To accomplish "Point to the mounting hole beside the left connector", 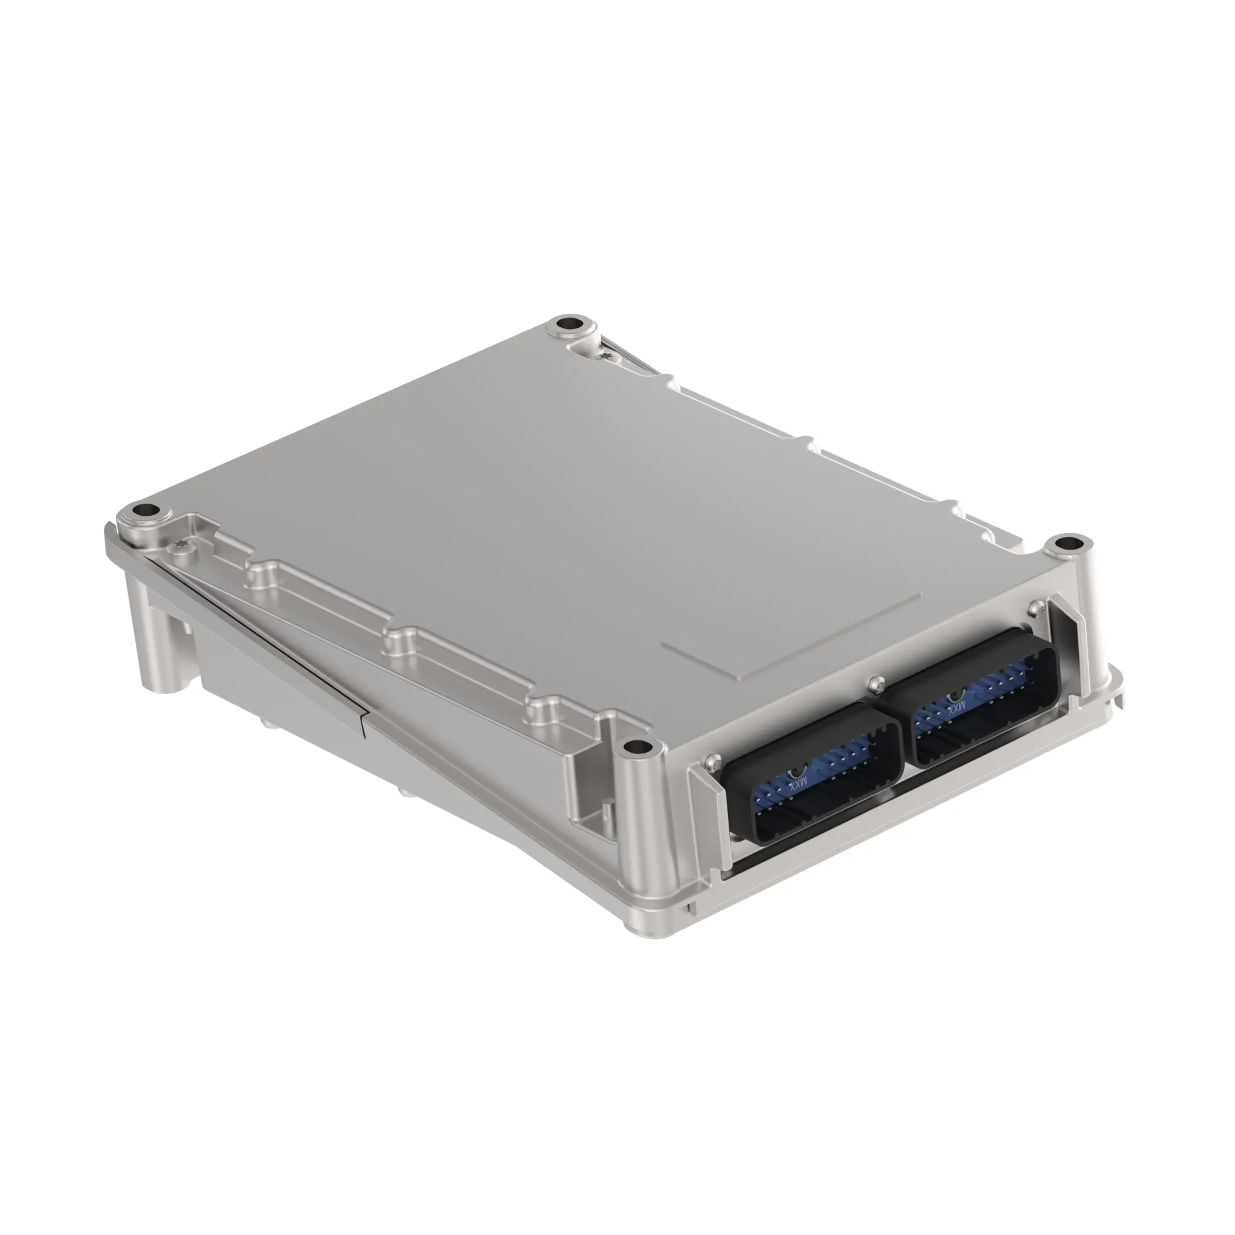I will [637, 746].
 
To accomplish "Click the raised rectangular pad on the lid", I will [793, 634].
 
